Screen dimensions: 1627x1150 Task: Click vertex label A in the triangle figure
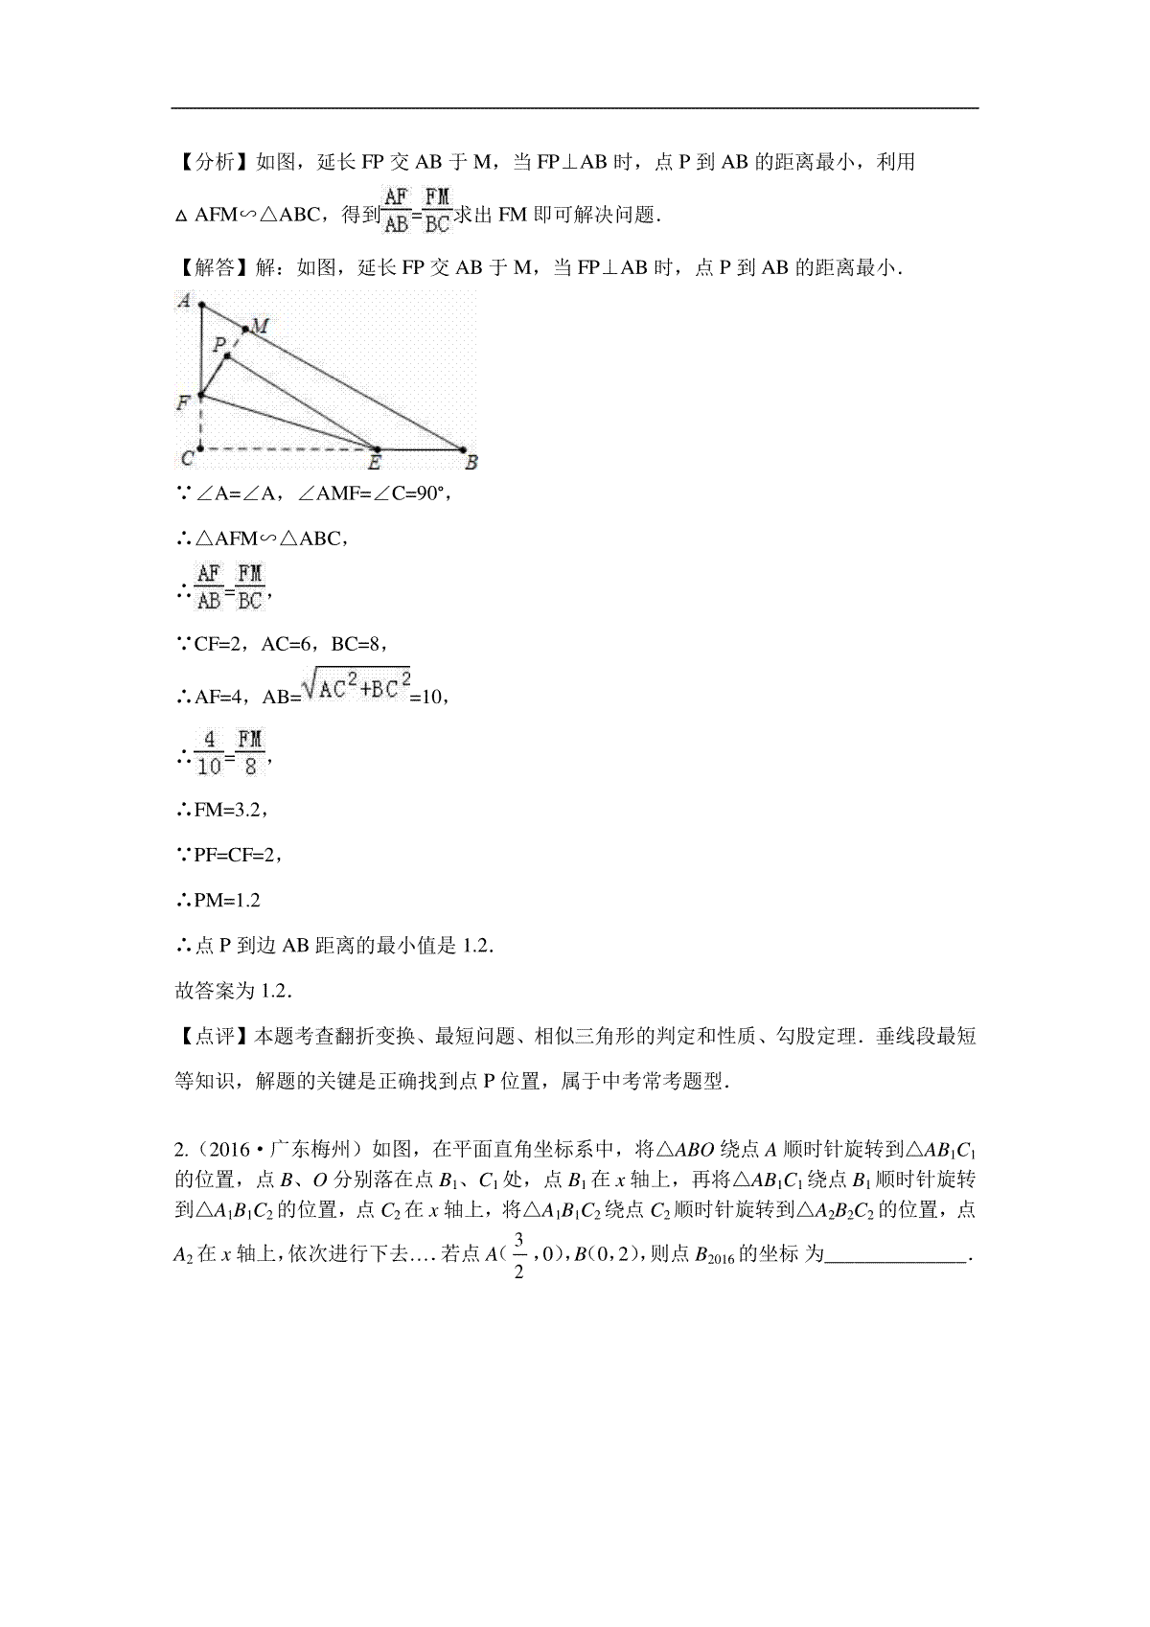coord(183,301)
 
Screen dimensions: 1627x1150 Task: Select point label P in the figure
coord(219,343)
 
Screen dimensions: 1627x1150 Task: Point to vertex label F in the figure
coord(183,404)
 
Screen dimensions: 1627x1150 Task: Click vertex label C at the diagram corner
coord(187,459)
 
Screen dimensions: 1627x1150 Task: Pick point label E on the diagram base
coord(375,464)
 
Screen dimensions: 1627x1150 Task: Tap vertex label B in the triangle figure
coord(471,464)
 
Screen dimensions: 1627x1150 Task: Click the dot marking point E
coord(376,448)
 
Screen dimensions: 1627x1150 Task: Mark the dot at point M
coord(245,331)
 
